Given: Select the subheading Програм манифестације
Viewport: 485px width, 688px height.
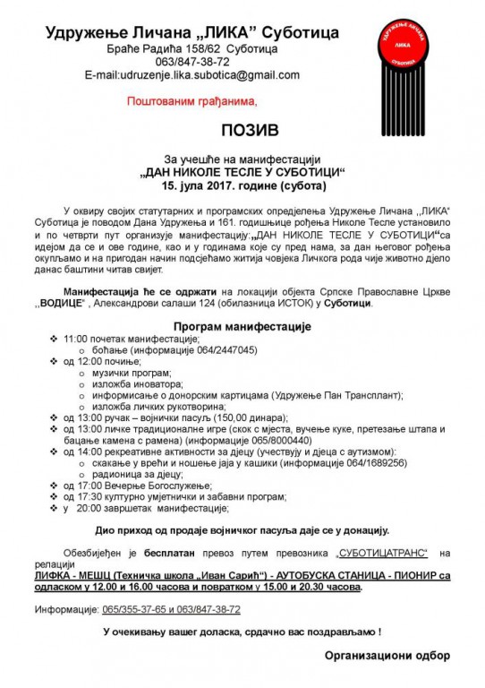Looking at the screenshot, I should [x=242, y=327].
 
